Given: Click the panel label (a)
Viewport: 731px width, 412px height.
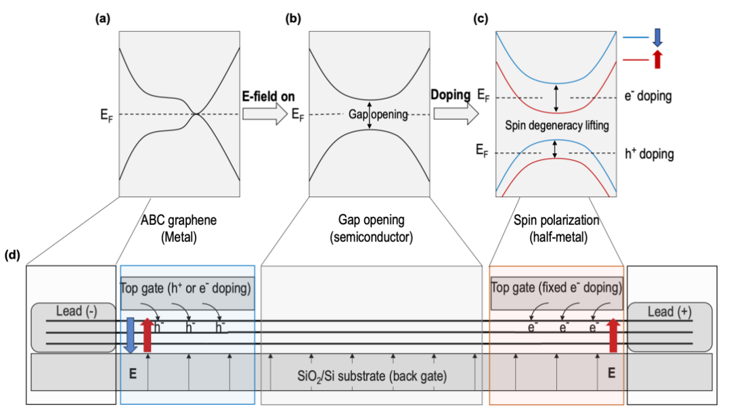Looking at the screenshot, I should click(x=102, y=19).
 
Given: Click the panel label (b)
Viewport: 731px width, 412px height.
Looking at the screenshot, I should click(x=292, y=19).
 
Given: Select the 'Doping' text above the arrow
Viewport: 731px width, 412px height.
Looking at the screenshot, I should click(x=449, y=96).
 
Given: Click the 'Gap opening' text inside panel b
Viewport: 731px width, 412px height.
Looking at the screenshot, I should click(x=379, y=115).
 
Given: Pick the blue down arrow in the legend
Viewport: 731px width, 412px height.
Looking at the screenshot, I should click(x=658, y=39).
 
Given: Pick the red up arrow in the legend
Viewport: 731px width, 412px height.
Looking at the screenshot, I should click(x=658, y=60).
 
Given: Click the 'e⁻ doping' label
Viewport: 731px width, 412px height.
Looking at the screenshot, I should click(x=648, y=96).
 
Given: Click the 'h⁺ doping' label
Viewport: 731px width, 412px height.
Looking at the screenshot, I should click(x=648, y=154).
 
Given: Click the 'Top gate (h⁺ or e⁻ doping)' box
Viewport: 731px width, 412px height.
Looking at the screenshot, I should click(x=187, y=288).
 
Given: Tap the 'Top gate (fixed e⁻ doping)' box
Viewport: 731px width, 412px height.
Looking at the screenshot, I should click(x=556, y=288).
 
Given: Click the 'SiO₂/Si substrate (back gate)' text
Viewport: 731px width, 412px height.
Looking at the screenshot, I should click(x=372, y=374).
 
